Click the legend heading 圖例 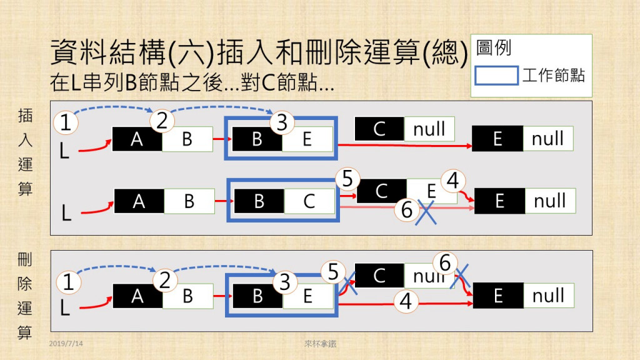coord(494,48)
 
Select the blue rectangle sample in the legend coord(496,76)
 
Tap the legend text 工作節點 coord(554,76)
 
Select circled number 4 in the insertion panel coord(453,182)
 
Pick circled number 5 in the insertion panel coord(347,180)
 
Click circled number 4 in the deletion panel coord(406,303)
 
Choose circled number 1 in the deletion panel coord(69,282)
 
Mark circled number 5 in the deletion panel coord(333,271)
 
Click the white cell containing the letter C coord(309,201)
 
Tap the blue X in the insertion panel coord(427,212)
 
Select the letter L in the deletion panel coord(64,307)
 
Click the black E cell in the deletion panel coord(497,296)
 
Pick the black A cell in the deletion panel coord(137,296)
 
